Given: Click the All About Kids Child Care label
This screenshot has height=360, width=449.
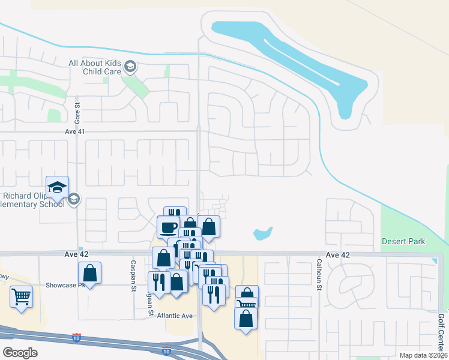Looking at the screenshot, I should pyautogui.click(x=95, y=67).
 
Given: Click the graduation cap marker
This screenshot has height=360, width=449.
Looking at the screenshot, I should pyautogui.click(x=58, y=187).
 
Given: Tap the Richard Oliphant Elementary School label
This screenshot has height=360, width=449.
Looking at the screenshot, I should pyautogui.click(x=32, y=200).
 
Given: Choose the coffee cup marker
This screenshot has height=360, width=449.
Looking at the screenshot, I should pyautogui.click(x=167, y=227).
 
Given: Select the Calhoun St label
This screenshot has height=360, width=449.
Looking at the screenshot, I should pyautogui.click(x=319, y=273).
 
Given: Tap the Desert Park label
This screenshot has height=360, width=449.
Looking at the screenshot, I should pyautogui.click(x=403, y=241).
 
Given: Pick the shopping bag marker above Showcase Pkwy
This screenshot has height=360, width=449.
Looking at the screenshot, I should pyautogui.click(x=89, y=273).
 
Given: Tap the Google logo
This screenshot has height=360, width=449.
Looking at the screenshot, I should pyautogui.click(x=20, y=352).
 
